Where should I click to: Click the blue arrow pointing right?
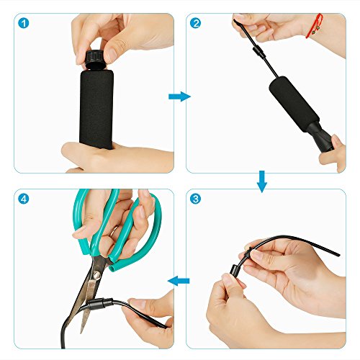click(x=179, y=96)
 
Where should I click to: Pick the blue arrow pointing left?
click(x=179, y=281)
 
